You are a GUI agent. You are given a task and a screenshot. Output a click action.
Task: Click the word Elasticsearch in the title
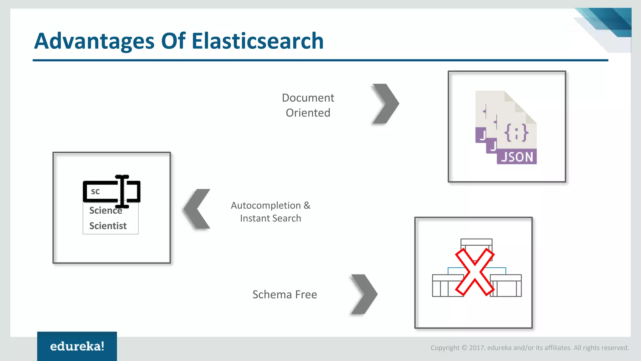tap(257, 41)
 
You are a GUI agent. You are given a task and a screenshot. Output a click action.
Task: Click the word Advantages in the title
tap(94, 41)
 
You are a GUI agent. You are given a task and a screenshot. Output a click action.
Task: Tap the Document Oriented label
tap(308, 105)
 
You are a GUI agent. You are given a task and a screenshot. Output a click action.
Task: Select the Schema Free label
tap(285, 295)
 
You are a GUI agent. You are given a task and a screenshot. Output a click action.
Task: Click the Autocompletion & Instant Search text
tap(270, 212)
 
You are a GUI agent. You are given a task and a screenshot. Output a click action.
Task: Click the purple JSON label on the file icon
tap(517, 157)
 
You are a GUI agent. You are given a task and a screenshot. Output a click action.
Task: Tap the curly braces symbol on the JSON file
tap(516, 133)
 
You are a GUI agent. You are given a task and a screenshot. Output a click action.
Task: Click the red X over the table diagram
tap(474, 272)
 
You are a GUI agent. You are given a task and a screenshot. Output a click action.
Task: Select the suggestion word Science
tap(105, 211)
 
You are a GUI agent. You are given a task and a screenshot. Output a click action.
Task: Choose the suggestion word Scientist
tap(108, 226)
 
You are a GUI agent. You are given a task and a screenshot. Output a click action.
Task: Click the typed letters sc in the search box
tap(95, 191)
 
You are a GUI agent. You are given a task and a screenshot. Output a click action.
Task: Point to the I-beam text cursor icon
tap(122, 191)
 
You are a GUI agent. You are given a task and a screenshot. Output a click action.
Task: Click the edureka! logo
tap(77, 346)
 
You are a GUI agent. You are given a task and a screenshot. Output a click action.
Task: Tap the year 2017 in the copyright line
tap(476, 348)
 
